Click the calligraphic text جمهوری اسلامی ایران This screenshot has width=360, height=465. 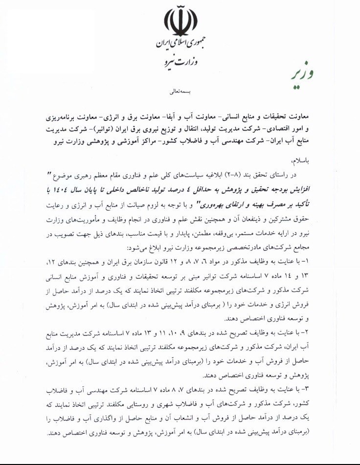point(180,45)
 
